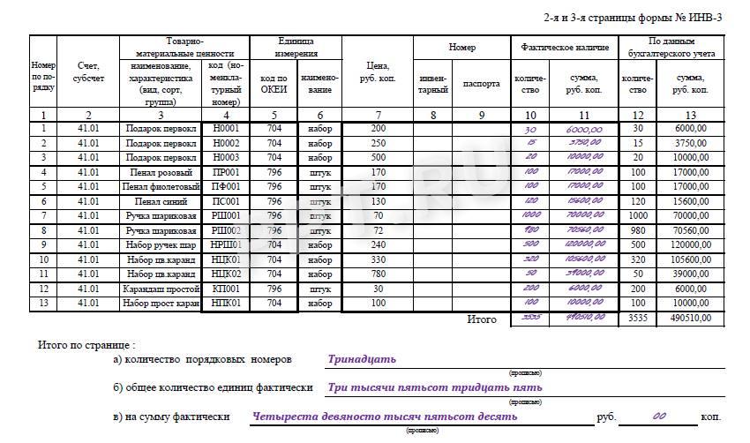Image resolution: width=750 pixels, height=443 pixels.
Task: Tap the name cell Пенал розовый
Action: (161, 172)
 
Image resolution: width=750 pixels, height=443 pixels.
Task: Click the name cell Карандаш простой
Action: (161, 289)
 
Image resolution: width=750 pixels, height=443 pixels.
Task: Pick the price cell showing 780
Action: (379, 274)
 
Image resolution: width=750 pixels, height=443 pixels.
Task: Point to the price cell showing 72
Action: (379, 230)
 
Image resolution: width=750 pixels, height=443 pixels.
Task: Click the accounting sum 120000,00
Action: (690, 245)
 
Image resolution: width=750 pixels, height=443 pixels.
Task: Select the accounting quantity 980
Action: (638, 230)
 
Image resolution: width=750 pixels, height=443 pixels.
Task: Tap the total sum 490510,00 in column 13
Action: (690, 318)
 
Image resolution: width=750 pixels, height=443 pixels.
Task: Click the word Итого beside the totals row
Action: (481, 319)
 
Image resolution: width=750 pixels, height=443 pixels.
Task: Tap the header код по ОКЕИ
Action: (274, 84)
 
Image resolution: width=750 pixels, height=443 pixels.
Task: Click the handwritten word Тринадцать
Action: (362, 360)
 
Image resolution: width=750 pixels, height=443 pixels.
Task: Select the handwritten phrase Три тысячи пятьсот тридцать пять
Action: (434, 387)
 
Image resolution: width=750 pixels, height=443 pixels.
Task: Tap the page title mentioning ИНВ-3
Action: (634, 18)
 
